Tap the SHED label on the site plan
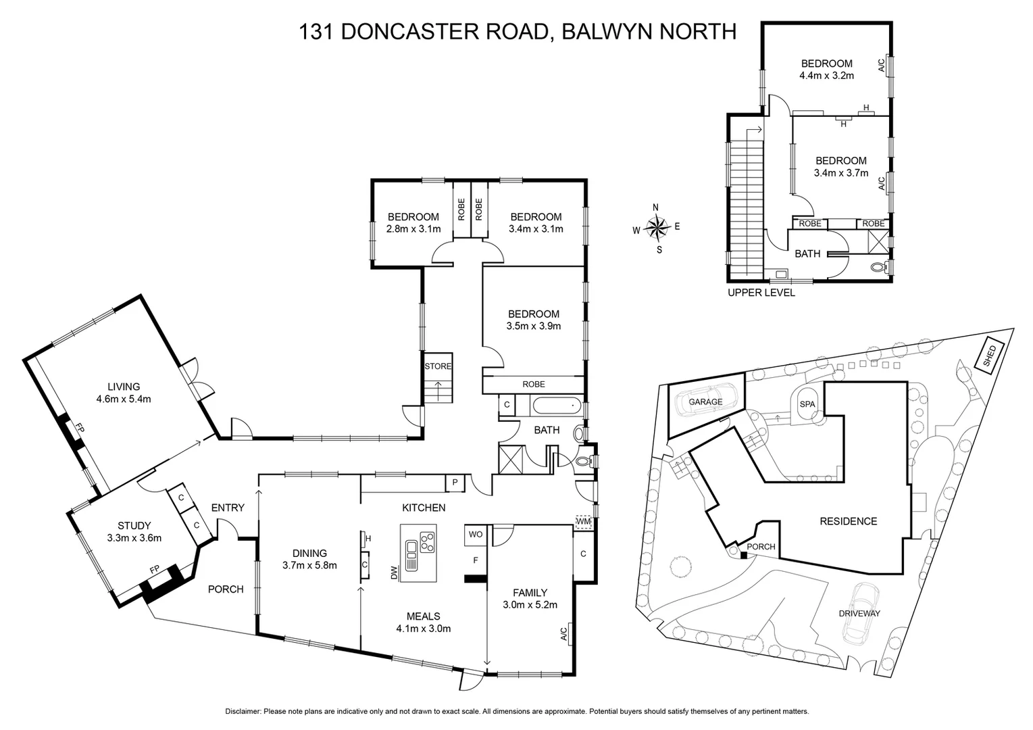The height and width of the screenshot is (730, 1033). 990,354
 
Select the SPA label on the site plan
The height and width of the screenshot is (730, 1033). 807,404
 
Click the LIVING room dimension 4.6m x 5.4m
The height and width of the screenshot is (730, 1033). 124,399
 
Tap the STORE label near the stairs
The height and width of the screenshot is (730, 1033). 437,366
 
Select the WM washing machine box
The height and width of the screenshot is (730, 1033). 583,522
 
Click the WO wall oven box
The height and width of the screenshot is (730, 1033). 476,534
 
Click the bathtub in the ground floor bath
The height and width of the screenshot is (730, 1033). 556,406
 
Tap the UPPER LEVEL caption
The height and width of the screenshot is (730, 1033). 761,293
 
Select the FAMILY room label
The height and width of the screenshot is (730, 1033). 530,593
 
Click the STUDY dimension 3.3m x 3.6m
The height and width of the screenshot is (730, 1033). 134,538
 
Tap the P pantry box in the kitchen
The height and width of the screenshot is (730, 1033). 455,483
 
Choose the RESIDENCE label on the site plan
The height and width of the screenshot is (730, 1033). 848,521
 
